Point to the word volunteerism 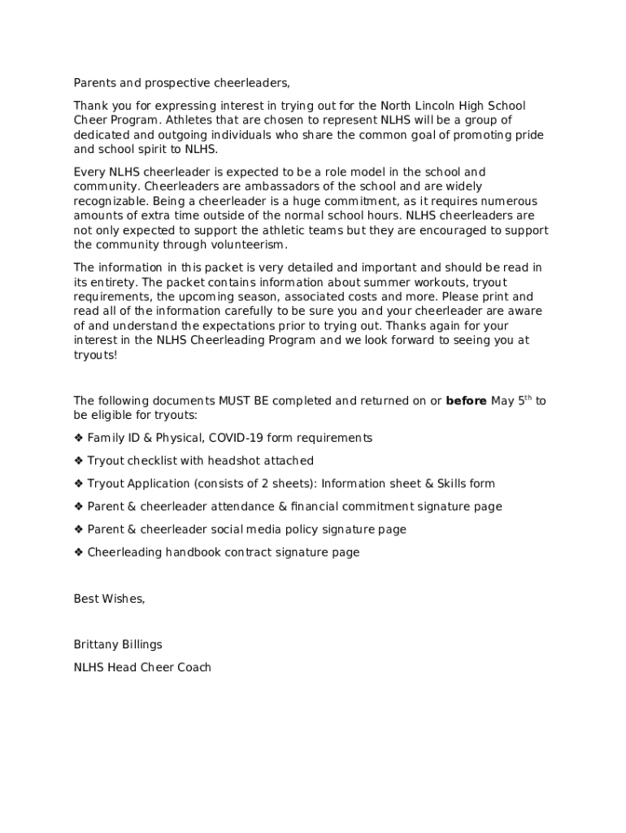pyautogui.click(x=250, y=245)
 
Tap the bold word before pyautogui.click(x=467, y=401)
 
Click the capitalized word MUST pyautogui.click(x=234, y=401)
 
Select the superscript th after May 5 pyautogui.click(x=527, y=398)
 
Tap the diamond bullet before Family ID pyautogui.click(x=79, y=438)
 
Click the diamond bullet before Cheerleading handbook pyautogui.click(x=79, y=552)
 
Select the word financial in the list pyautogui.click(x=306, y=507)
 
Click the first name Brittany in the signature pyautogui.click(x=97, y=645)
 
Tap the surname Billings pyautogui.click(x=143, y=645)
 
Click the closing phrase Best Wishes pyautogui.click(x=109, y=600)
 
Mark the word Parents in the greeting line pyautogui.click(x=95, y=83)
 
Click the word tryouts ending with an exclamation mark pyautogui.click(x=95, y=355)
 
